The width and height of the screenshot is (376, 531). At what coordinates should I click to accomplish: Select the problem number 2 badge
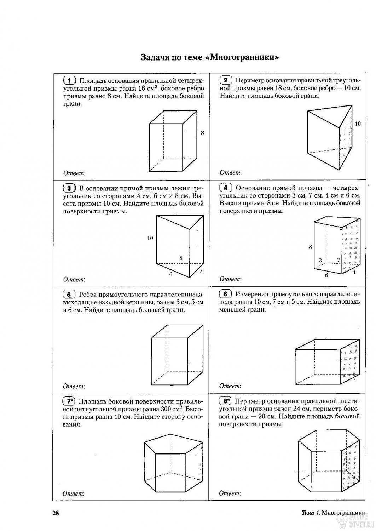(x=226, y=80)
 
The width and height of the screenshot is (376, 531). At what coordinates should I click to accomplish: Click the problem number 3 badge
(x=69, y=188)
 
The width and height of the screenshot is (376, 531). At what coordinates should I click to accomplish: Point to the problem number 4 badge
(x=226, y=188)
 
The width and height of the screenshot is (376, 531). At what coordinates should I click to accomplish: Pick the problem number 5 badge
(x=69, y=294)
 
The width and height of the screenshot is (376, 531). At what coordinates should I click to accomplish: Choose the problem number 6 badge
(x=226, y=294)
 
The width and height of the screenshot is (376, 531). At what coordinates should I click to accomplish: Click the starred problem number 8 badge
(x=225, y=401)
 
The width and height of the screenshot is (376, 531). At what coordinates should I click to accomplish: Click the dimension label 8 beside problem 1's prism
(x=202, y=133)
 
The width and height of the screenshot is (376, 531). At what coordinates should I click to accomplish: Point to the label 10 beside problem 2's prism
(x=358, y=124)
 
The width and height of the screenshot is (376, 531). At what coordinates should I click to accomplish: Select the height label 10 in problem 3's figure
(x=150, y=238)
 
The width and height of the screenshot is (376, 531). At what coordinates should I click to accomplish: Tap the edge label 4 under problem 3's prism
(x=201, y=272)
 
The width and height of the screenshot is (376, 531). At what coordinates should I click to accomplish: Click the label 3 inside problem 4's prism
(x=320, y=261)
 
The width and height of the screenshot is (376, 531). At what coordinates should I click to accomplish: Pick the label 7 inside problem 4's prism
(x=339, y=260)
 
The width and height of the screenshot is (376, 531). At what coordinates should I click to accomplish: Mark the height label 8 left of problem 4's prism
(x=310, y=247)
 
